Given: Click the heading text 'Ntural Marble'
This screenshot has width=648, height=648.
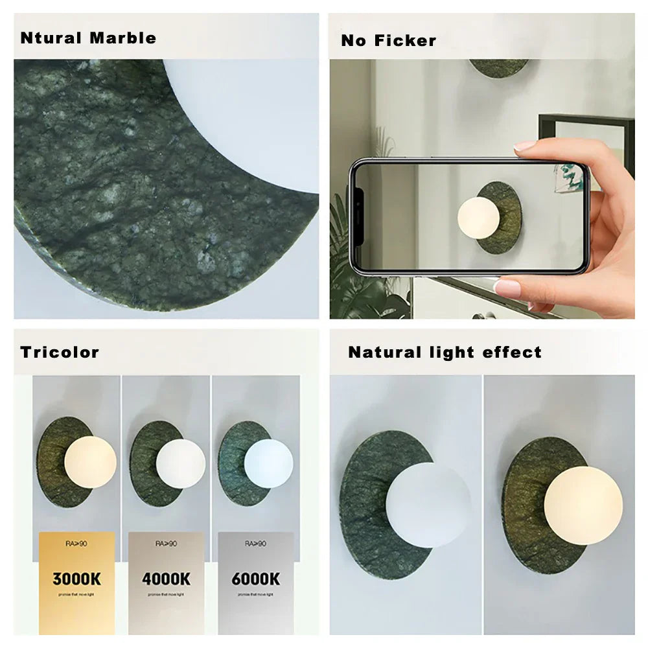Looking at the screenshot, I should coord(88,38).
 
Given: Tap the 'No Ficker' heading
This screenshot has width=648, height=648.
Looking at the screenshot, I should coord(388,41).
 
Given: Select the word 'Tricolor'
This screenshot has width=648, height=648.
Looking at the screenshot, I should coord(60,353).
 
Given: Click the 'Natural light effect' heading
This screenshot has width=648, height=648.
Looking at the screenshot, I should coord(445,353).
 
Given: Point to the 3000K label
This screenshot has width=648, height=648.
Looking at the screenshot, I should coord(76,579).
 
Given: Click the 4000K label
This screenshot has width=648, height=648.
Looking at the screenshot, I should coord(167,579).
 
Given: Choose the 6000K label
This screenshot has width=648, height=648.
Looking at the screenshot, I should coord(256,579).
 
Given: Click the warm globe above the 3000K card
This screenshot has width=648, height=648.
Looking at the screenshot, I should coord(90,462).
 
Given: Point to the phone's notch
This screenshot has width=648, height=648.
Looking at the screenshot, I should coord(356,217).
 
